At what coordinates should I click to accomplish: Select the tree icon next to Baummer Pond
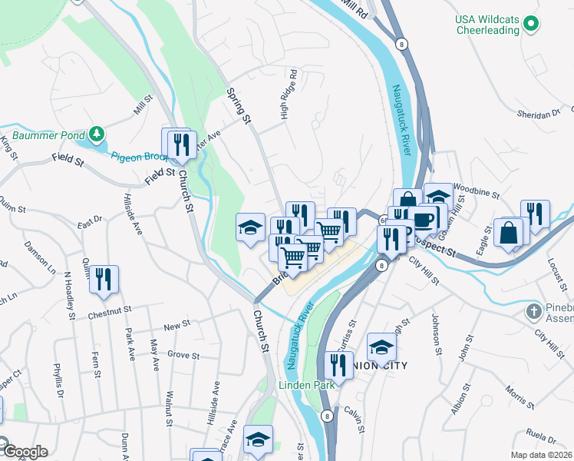point(96,135)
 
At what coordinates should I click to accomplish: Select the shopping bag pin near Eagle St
point(508,231)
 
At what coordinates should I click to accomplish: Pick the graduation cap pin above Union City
point(381,347)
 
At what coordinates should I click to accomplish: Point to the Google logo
point(25,452)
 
